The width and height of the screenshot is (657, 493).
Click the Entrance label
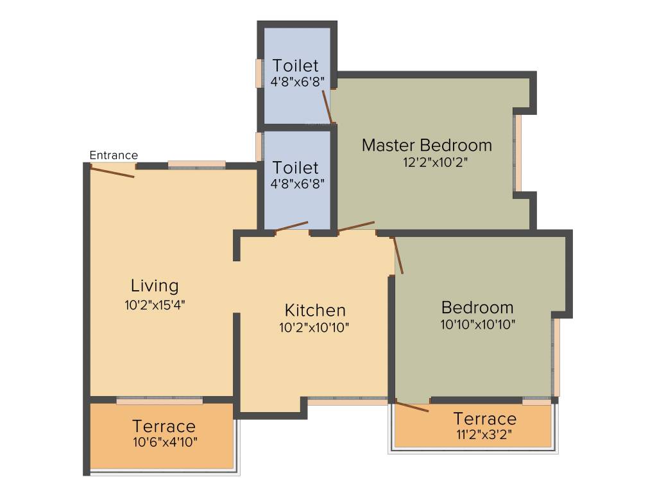coord(114,155)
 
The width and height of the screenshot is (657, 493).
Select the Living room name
coord(155,286)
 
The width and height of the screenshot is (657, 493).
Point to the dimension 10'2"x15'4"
coord(155,305)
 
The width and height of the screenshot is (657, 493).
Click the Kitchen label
coord(315,311)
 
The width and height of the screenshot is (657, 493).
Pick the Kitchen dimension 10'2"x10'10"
coord(314,327)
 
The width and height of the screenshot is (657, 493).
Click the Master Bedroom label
coord(427,145)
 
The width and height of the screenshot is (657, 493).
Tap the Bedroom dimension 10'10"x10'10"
coord(478,324)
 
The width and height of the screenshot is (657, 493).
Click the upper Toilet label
coord(295,65)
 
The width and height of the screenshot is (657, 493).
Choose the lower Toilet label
coord(295,168)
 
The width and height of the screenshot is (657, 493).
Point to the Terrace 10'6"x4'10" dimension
coord(165,442)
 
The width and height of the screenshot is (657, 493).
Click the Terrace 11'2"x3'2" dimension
coord(484,435)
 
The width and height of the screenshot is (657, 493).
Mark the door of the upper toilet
coord(327,107)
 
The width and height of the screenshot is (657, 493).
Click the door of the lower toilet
coord(291,225)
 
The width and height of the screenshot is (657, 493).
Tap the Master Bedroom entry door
coord(356,225)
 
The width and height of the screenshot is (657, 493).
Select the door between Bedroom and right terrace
coord(412,406)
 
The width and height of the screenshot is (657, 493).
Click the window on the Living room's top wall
coord(197,164)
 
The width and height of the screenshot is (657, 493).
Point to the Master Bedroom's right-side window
coord(518,153)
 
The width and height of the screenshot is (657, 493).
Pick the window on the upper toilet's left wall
coord(259,73)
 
